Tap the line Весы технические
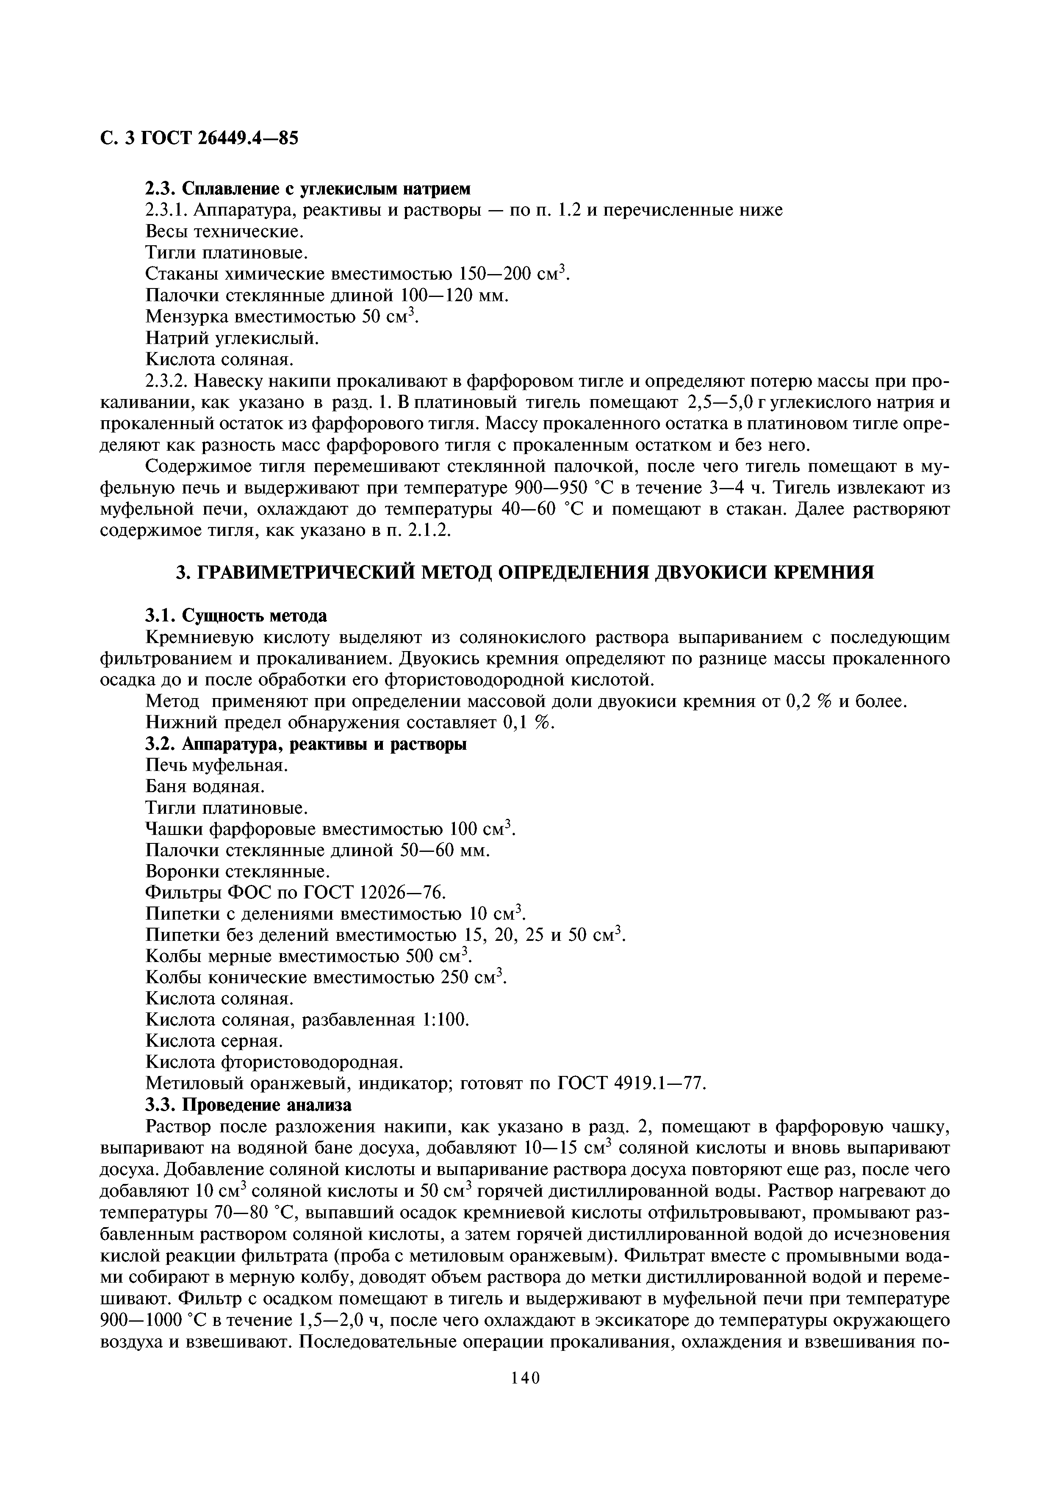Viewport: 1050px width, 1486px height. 224,231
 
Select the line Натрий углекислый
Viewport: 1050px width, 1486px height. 232,338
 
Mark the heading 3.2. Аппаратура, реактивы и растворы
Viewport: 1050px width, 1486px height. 306,744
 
